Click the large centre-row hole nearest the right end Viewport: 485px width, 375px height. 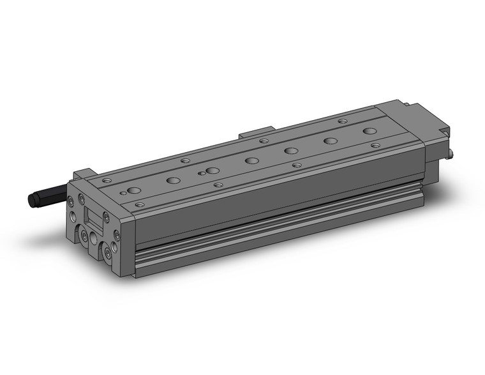[369, 131]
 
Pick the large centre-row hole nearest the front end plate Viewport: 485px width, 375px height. [133, 190]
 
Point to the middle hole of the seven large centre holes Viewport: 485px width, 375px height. [251, 160]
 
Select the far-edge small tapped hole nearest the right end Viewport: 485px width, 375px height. [342, 121]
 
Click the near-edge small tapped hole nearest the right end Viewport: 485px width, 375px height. [375, 146]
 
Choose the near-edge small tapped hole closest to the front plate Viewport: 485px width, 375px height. [139, 204]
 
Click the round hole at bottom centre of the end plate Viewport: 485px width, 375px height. [94, 238]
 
